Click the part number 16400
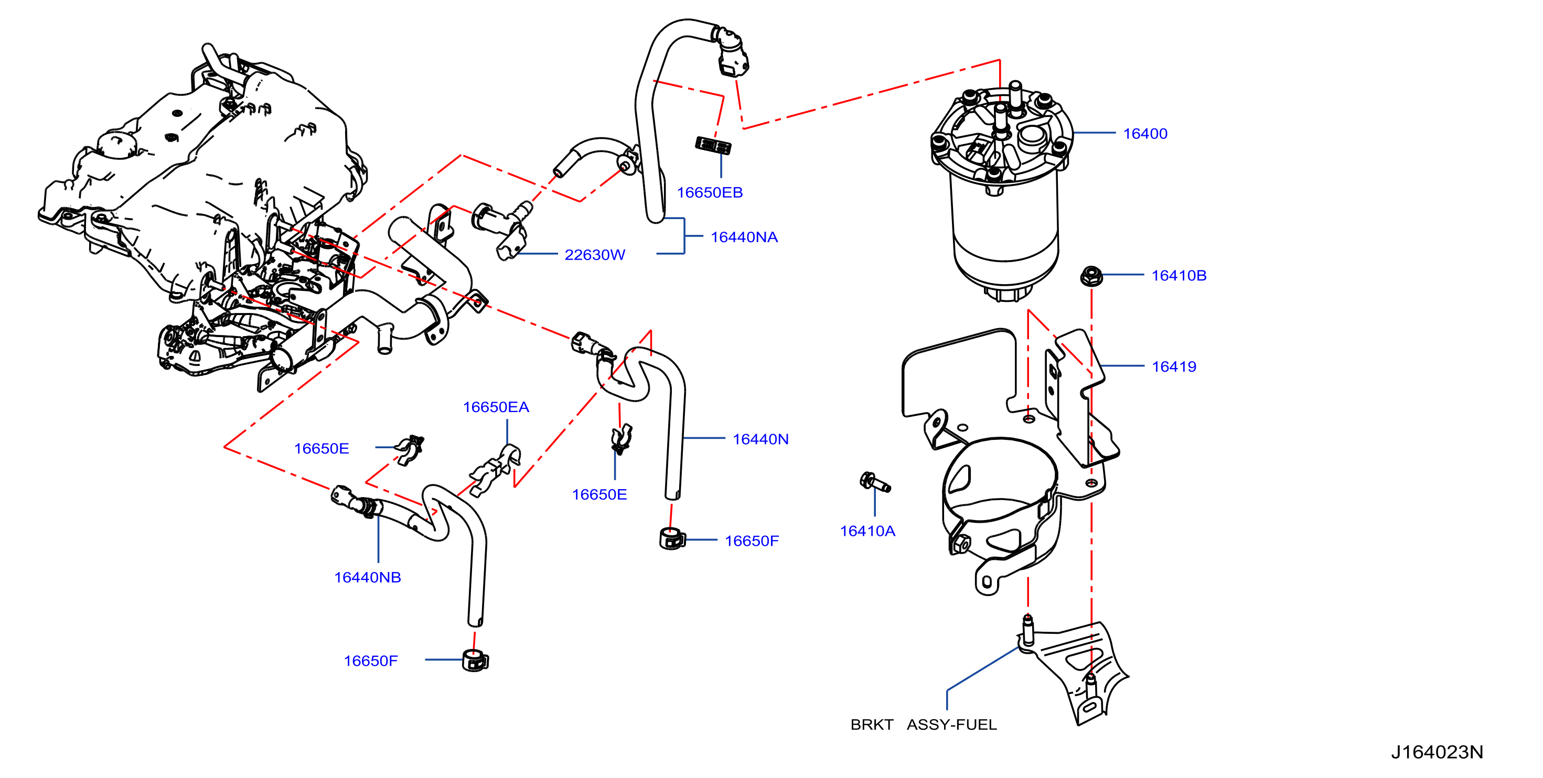tap(1145, 134)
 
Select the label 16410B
tap(1178, 276)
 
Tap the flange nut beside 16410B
tap(1091, 276)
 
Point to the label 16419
tap(1173, 366)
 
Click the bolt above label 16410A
tap(874, 482)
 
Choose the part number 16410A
tap(867, 531)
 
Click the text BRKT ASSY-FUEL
tap(924, 725)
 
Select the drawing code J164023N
tap(1437, 752)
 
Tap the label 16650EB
tap(710, 193)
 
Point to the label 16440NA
tap(744, 237)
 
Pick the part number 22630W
tap(595, 255)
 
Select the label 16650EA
tap(496, 407)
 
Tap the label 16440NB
tap(367, 577)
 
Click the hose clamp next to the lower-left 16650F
tap(475, 660)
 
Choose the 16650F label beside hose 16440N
tap(752, 542)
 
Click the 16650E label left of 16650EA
tap(321, 449)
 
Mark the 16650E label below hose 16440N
tap(599, 495)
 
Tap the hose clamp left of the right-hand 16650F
tap(672, 539)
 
